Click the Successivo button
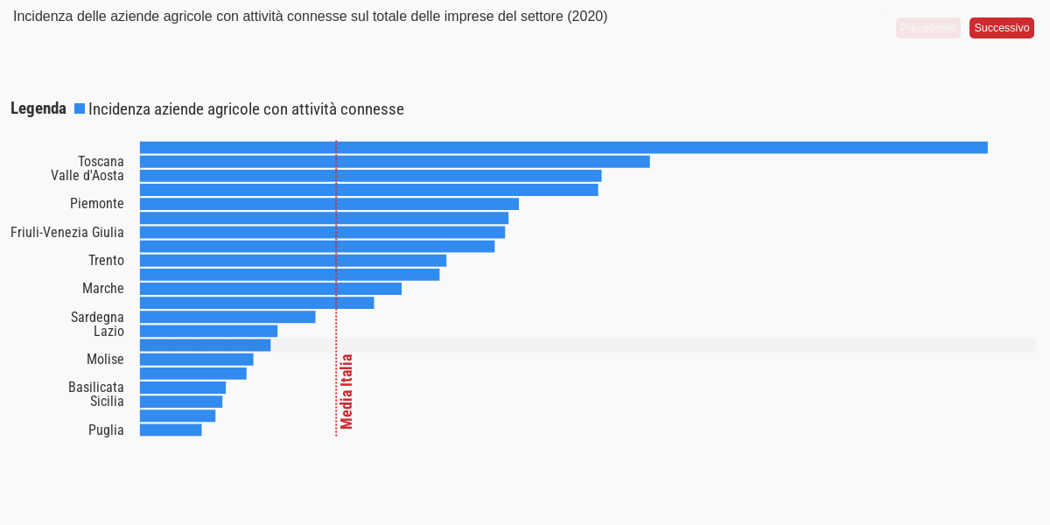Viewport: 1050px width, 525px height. pos(1001,28)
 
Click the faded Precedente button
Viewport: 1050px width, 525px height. pos(927,28)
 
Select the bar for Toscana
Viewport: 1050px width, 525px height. pos(394,162)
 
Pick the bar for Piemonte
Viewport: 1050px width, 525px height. pos(329,204)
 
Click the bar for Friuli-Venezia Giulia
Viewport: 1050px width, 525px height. pos(322,232)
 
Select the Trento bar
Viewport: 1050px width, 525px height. pos(293,261)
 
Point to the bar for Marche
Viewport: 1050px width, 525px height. pos(270,289)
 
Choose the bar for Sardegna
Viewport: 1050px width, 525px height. pos(227,317)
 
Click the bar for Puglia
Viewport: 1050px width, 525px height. pos(171,430)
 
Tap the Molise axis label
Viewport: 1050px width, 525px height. pos(105,360)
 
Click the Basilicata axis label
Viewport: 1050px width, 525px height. pos(96,388)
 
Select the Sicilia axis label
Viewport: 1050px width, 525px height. pos(107,402)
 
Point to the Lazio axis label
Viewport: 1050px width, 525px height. pos(108,332)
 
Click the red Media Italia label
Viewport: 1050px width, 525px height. pos(347,391)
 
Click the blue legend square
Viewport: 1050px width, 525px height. pos(80,108)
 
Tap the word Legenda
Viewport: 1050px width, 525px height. pos(38,108)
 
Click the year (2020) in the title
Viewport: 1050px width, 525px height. pos(587,17)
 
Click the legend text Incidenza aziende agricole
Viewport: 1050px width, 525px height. pos(246,109)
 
